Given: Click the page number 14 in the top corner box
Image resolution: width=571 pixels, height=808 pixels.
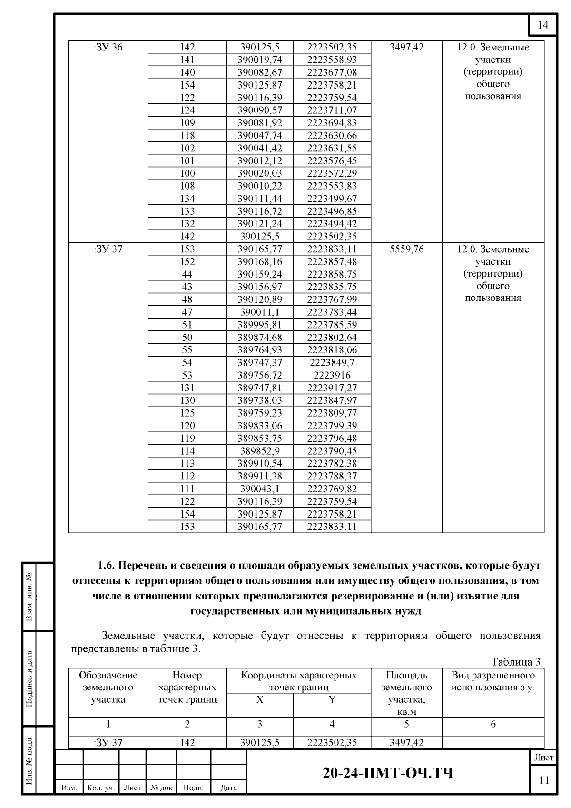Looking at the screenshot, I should point(543,25).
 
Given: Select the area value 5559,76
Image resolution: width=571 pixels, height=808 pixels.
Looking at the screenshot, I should point(406,249).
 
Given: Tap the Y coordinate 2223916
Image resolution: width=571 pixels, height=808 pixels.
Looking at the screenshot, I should point(332,375).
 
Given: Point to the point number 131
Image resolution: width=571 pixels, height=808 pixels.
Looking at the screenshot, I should point(187,388).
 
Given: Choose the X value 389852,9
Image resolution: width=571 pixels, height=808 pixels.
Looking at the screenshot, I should point(259,451).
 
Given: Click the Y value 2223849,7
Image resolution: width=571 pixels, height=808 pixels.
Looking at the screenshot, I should point(332,363).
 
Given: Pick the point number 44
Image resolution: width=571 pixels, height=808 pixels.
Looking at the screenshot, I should point(187,274).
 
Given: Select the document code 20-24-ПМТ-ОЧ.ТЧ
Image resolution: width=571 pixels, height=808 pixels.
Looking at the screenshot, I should point(388,773).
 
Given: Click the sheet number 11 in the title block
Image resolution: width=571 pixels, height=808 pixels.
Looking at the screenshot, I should point(543,780).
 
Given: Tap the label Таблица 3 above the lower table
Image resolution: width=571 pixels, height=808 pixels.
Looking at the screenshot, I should point(515,662).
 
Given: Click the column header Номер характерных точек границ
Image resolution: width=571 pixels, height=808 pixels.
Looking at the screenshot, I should point(187,687).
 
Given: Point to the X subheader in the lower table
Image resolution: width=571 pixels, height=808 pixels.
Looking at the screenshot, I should point(259,699).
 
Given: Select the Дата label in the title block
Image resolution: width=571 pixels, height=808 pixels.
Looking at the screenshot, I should point(228,788).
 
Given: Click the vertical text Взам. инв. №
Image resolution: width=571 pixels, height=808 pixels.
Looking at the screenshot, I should point(30,597).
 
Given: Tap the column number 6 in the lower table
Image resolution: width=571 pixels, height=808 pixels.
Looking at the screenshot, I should point(493,724).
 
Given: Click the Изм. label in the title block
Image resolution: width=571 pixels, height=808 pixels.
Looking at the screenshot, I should point(69,788).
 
